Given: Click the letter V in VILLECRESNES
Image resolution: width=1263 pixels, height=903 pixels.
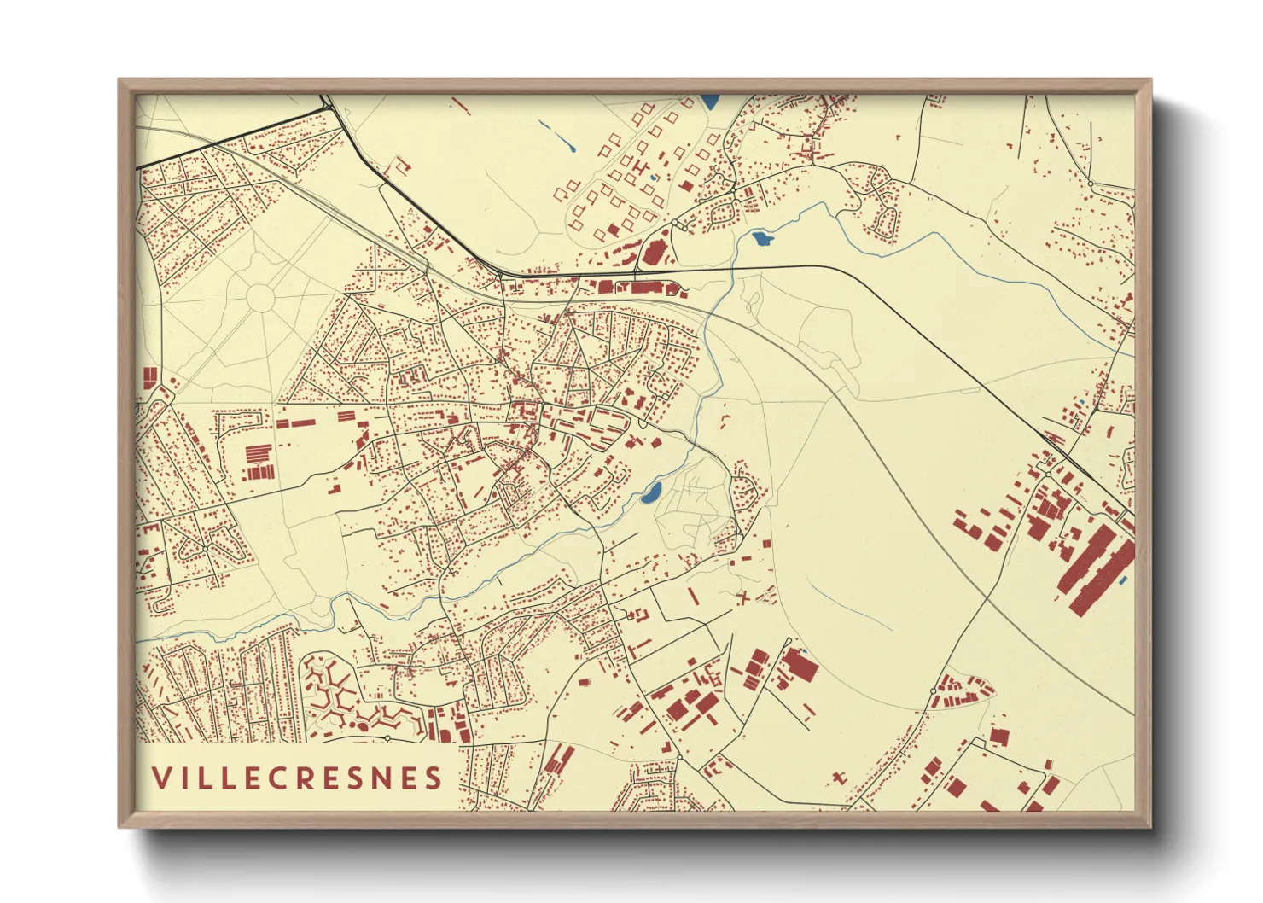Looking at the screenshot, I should (x=160, y=778).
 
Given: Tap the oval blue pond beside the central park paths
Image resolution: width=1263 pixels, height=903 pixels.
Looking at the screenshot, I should (x=652, y=492).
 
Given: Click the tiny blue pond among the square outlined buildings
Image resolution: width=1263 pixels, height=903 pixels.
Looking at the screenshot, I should (x=653, y=178).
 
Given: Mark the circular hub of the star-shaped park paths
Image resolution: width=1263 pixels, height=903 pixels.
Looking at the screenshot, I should (x=260, y=298).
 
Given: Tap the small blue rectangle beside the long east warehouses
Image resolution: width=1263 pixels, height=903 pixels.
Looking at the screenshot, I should (x=1123, y=580).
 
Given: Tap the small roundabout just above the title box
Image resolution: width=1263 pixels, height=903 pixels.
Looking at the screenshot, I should (x=387, y=737).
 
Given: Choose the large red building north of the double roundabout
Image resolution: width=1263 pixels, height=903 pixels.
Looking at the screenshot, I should (x=655, y=252).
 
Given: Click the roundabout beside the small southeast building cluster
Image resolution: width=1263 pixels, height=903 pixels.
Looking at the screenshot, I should (x=933, y=690).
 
